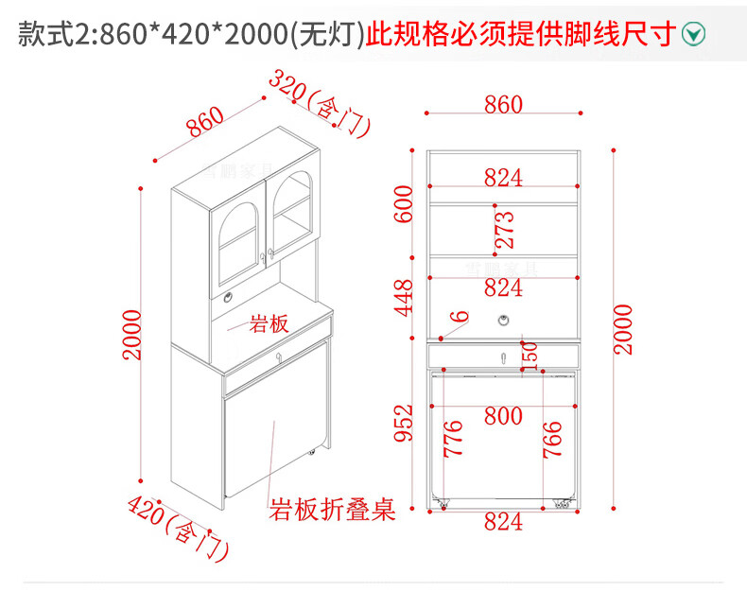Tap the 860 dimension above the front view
coord(503,104)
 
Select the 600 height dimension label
coord(405,203)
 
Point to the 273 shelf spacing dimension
coord(505,230)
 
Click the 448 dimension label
coord(405,297)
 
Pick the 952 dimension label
coord(405,423)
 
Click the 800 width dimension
coord(503,415)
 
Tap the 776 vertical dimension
coord(453,439)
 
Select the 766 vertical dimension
coord(553,439)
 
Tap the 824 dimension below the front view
coord(503,521)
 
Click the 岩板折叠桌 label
coord(332,510)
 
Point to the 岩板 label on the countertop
coord(268,324)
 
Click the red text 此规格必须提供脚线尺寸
coord(521,35)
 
